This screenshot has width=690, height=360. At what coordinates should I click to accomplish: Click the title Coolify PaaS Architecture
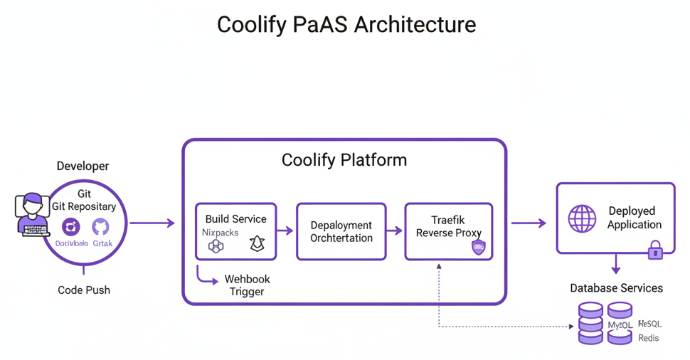coord(346,25)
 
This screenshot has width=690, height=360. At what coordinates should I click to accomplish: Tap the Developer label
coord(83,166)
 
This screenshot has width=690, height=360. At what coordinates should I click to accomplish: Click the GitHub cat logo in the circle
coord(100,227)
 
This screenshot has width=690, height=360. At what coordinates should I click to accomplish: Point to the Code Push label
coord(84,290)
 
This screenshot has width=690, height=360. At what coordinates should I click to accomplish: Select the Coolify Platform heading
coord(344,159)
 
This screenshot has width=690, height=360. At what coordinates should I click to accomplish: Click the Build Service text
coord(235,219)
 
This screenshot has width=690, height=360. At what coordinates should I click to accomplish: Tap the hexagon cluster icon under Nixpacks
coord(216,246)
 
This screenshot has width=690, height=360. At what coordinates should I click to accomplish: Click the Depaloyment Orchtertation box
coord(341,231)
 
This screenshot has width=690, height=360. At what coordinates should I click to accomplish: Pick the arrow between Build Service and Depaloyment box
coord(285,231)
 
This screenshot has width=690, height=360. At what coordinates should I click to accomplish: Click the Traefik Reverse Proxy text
coord(448,226)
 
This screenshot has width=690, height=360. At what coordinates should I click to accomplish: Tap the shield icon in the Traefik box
coord(479,248)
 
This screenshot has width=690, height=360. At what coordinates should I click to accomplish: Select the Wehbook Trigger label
coord(247,285)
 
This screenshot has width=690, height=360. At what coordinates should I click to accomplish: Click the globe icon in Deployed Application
coord(582,218)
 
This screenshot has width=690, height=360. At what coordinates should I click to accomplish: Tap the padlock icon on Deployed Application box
coord(655,250)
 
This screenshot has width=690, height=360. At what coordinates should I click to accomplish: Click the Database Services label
coord(616,288)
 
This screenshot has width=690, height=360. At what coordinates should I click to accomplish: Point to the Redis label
coord(648,338)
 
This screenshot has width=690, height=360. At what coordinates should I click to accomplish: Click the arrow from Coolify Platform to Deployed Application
coord(529,223)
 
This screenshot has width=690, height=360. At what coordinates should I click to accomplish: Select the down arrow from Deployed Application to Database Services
coord(615,265)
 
